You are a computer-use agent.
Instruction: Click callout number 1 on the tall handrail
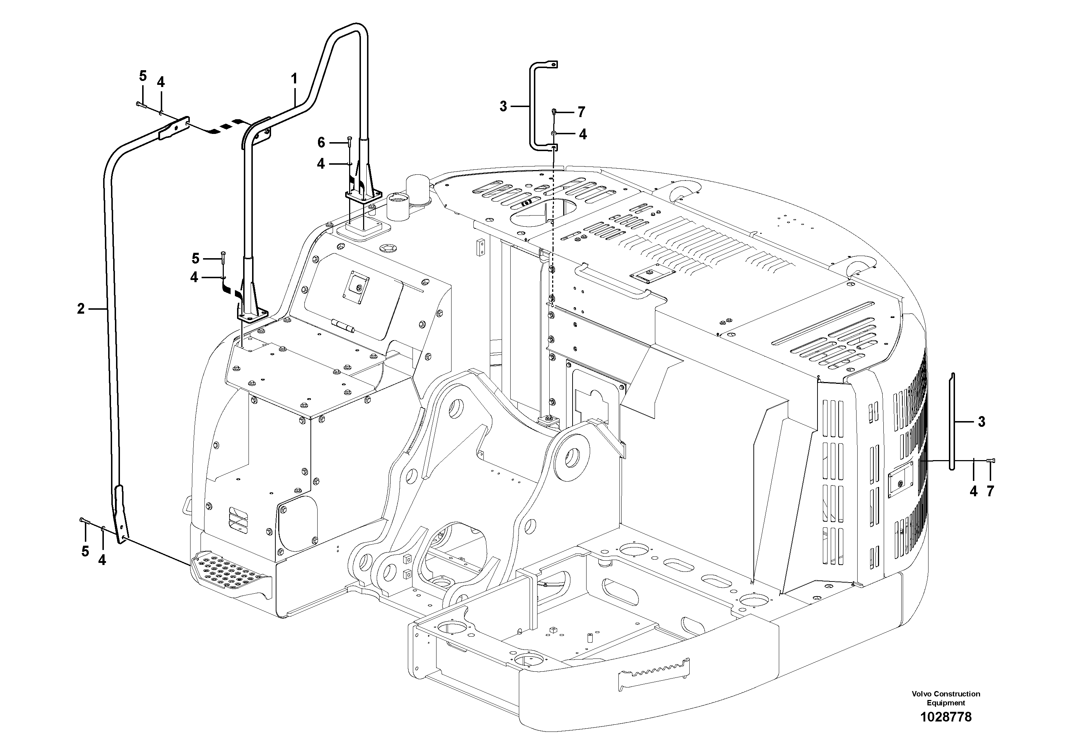click(294, 78)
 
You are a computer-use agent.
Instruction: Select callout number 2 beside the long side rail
click(81, 308)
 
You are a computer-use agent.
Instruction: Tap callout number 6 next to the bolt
click(321, 142)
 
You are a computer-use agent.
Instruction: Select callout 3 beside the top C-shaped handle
click(503, 106)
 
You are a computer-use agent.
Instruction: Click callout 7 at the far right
click(990, 491)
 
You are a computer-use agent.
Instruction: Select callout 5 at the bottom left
click(85, 551)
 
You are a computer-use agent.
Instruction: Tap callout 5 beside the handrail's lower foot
click(196, 258)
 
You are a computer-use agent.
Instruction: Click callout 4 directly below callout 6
click(321, 164)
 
